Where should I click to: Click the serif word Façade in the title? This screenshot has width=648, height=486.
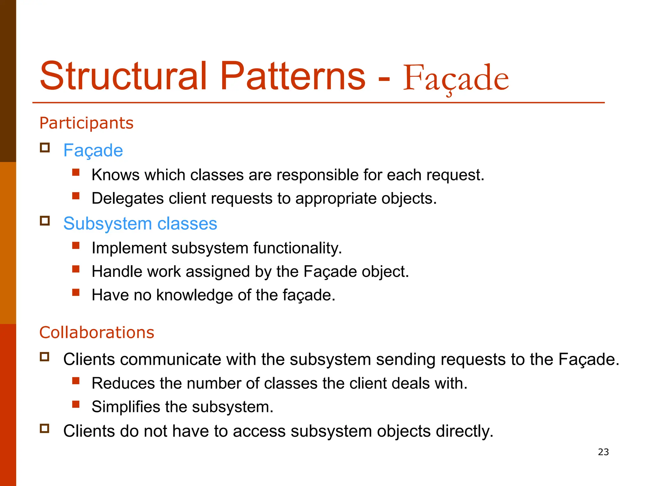pos(456,78)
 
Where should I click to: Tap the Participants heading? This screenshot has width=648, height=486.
pos(86,123)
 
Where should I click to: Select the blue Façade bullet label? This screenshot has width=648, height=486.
pos(93,150)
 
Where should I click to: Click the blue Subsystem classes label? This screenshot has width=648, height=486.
pos(140,223)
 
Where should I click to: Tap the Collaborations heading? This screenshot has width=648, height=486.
pos(97,332)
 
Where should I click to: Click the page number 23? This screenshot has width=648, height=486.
pos(603,452)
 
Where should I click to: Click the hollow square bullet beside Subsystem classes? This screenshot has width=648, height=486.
pos(45,221)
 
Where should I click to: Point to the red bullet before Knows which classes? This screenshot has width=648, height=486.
pos(76,172)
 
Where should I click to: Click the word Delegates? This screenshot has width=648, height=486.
pos(128,198)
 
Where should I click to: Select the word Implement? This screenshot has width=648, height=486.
pos(129,248)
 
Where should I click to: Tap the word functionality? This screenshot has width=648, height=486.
pos(297,248)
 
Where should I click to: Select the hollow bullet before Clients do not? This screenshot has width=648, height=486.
pos(45,428)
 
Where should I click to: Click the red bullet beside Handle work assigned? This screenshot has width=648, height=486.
pos(76,269)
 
